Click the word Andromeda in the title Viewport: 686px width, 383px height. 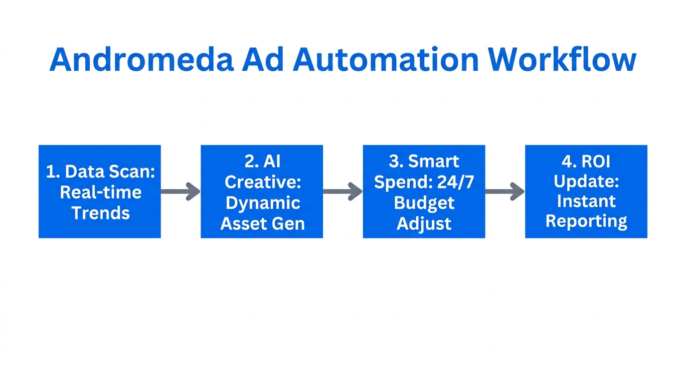[141, 60]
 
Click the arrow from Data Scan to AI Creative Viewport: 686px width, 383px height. [180, 191]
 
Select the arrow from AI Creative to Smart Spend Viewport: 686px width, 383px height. [343, 191]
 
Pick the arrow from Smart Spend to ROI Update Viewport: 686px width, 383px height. [505, 191]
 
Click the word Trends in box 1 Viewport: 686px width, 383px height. [100, 213]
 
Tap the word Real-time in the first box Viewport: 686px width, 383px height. [100, 192]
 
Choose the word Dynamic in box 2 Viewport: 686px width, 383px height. [262, 203]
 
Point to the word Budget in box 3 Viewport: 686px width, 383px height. [424, 203]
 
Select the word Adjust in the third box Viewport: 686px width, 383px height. [424, 223]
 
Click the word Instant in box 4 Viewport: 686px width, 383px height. [586, 201]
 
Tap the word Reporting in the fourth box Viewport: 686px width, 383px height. [586, 221]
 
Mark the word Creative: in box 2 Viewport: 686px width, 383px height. [262, 182]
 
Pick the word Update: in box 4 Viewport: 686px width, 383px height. [586, 182]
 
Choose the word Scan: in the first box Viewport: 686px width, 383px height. [131, 172]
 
